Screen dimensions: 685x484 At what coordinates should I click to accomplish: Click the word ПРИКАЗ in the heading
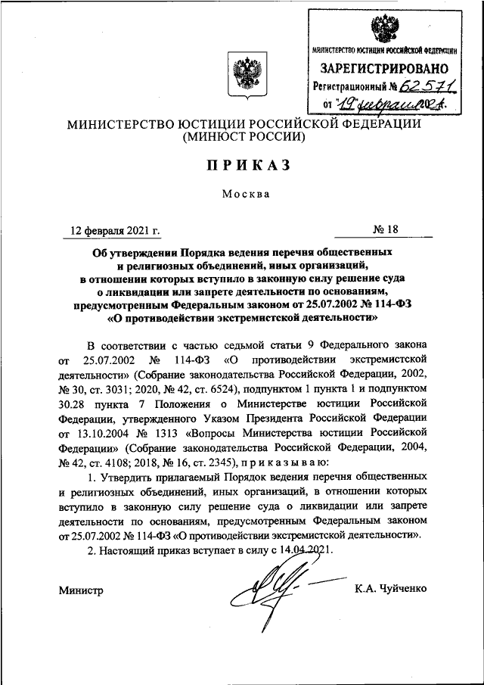pyautogui.click(x=242, y=165)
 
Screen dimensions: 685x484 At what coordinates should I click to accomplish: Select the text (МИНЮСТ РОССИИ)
pyautogui.click(x=242, y=138)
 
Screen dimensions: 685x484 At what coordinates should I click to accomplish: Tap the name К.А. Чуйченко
pyautogui.click(x=390, y=590)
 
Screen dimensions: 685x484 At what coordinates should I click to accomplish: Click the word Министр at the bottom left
pyautogui.click(x=81, y=590)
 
